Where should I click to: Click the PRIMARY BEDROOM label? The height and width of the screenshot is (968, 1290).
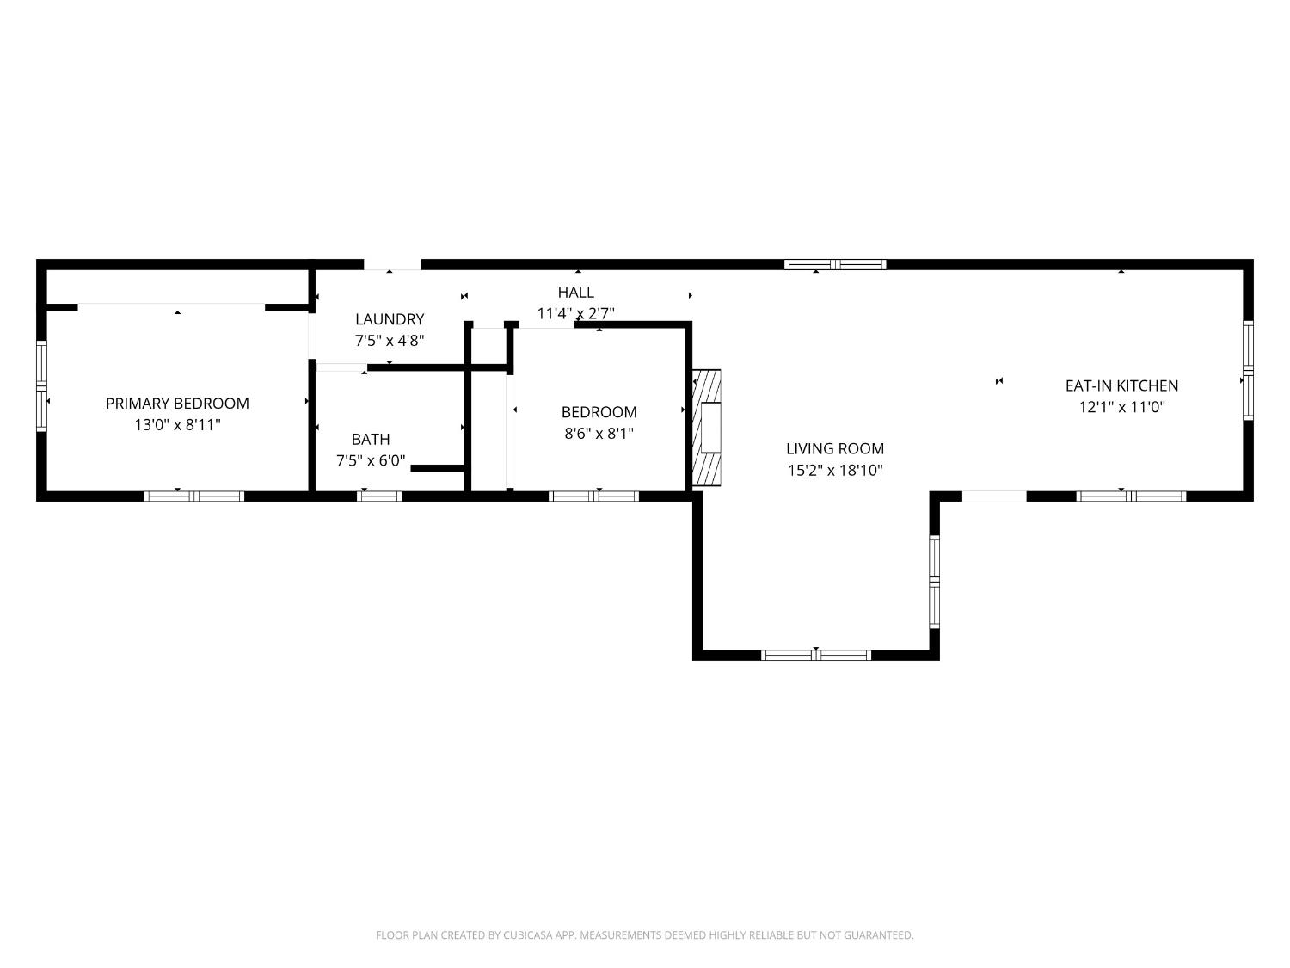click(x=177, y=404)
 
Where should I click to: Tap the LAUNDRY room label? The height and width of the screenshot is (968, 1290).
click(x=390, y=319)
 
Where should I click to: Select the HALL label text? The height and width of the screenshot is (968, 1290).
click(x=576, y=292)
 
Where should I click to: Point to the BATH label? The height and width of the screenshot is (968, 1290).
click(x=371, y=439)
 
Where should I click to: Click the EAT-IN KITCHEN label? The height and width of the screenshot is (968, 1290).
click(x=1122, y=385)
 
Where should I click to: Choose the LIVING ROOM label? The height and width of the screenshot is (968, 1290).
click(x=835, y=448)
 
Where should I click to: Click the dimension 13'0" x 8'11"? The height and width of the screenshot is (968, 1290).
click(x=177, y=424)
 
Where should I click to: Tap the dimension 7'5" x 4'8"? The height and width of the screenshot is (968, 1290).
click(x=390, y=340)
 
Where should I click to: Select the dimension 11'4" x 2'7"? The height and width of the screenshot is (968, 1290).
click(x=576, y=313)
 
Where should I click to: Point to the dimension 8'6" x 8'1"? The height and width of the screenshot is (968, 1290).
click(x=599, y=433)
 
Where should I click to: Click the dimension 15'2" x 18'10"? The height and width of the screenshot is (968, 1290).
click(x=835, y=470)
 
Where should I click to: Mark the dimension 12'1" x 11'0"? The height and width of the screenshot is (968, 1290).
click(x=1122, y=407)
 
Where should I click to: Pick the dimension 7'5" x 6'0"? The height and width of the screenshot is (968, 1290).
click(x=371, y=460)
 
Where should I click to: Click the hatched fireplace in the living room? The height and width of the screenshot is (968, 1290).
click(x=706, y=428)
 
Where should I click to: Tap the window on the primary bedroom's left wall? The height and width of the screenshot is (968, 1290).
click(x=41, y=386)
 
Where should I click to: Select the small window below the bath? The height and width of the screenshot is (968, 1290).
click(x=379, y=496)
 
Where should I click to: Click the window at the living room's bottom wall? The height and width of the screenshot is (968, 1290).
click(x=816, y=655)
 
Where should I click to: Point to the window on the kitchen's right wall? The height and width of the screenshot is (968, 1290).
click(x=1248, y=370)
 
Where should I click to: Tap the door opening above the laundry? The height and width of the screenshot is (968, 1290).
click(x=392, y=264)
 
